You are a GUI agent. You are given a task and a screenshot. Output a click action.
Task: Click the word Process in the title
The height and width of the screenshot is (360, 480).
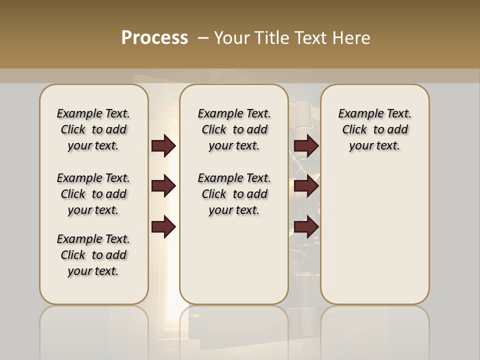coord(154,37)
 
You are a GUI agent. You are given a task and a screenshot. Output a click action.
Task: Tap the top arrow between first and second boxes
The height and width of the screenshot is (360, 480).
coord(163,146)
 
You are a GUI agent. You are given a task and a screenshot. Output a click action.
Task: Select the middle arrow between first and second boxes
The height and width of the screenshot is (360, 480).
coord(163,186)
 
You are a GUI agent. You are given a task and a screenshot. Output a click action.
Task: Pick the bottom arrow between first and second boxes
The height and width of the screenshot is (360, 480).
coord(163,227)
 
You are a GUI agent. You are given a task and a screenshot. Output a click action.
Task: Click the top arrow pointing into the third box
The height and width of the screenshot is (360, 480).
coord(306,146)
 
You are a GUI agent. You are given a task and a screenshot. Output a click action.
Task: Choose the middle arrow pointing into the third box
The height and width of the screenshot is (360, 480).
coord(306,186)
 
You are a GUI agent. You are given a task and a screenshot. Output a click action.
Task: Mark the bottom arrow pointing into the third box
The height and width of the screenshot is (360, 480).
coord(306,227)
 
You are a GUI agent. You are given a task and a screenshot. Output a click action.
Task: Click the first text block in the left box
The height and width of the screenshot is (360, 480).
coord(93,129)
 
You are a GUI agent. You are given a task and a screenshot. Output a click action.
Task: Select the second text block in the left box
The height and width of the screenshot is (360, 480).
coord(93,194)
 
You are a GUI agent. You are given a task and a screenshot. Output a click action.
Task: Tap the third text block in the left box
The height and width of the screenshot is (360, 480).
coord(93,255)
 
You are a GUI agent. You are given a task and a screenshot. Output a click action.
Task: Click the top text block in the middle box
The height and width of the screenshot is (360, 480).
coord(234,129)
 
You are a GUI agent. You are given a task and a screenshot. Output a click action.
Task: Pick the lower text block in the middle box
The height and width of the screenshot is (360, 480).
coord(234,194)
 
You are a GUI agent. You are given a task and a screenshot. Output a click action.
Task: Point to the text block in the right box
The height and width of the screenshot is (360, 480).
coord(374,129)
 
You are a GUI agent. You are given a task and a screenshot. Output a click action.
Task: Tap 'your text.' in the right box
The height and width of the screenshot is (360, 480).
coord(374,146)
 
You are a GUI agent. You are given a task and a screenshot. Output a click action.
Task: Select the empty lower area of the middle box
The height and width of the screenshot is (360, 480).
coord(234,260)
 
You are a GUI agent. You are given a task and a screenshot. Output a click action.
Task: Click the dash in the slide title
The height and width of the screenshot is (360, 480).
coord(203,38)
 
